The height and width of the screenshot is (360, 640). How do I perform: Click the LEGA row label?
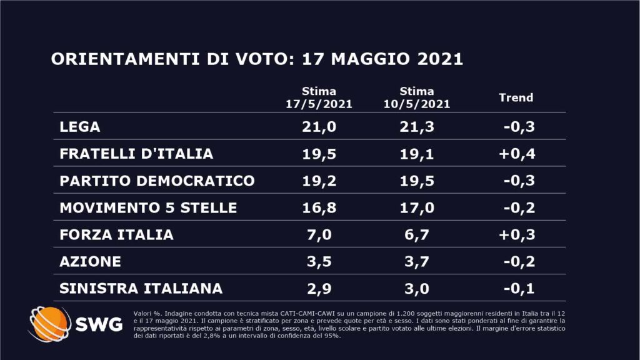[80, 127]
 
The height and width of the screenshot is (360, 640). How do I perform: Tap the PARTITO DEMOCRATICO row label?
[157, 181]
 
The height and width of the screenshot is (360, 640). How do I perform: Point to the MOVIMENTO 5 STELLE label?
[148, 207]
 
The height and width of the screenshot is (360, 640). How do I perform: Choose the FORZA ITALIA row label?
[116, 235]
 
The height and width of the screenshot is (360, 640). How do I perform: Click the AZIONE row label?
[90, 261]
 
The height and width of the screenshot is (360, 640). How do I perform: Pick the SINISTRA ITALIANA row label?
[141, 288]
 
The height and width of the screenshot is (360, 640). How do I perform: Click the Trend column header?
[516, 97]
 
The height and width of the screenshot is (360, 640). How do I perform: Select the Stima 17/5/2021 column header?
[319, 97]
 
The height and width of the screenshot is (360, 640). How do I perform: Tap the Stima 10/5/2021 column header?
[416, 97]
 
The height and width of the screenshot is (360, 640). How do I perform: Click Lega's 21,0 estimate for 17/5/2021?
[319, 127]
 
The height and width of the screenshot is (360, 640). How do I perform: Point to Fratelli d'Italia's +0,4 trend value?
[517, 154]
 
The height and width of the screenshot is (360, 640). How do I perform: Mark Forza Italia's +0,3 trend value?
[517, 235]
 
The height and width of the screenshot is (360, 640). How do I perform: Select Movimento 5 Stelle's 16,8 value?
[319, 207]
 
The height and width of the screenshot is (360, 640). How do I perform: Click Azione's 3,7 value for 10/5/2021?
[416, 261]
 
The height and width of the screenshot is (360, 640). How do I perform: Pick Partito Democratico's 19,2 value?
[319, 181]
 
